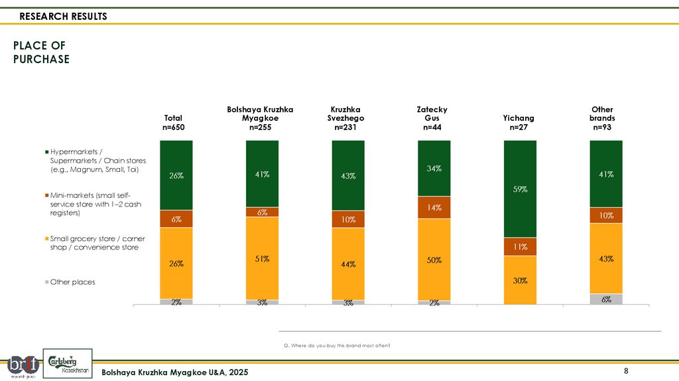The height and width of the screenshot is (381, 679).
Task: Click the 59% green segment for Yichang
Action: coord(520,189)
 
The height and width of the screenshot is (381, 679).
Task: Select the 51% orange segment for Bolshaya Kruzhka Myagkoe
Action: coord(262,258)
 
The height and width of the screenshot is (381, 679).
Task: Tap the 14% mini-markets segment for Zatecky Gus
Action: coord(434,207)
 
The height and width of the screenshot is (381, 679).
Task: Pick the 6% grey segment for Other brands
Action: coord(606,299)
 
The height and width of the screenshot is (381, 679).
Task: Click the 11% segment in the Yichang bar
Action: coord(520,247)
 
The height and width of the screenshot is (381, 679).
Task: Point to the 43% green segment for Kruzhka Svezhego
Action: coord(348,176)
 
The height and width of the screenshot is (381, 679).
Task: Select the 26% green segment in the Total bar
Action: coord(176,175)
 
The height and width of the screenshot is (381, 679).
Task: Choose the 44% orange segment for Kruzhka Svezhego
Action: coord(348,264)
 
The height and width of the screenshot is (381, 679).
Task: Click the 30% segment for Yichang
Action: coord(520,280)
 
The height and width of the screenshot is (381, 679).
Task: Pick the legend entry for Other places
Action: coord(73,282)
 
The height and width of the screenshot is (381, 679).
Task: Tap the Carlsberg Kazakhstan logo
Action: coord(68,363)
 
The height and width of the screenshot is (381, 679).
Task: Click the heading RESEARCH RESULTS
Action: coord(63,17)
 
